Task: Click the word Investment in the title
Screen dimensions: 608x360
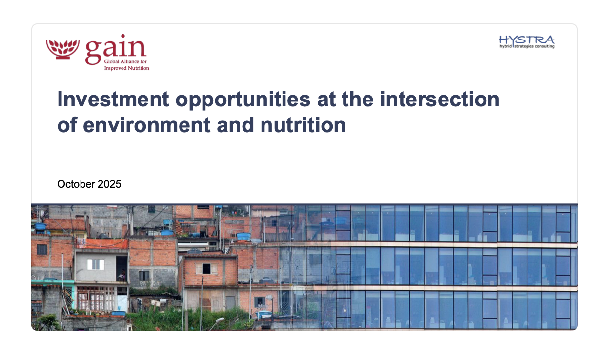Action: point(113,100)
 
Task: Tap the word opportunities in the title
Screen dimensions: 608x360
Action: point(243,100)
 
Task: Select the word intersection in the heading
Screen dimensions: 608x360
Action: point(440,100)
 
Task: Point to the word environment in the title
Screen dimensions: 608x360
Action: point(146,125)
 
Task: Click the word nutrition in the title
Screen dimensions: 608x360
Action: point(303,125)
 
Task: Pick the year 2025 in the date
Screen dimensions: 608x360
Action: point(109,184)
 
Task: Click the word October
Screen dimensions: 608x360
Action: point(76,184)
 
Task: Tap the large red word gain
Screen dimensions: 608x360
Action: point(116,50)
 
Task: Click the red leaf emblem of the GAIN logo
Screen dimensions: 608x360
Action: point(62,49)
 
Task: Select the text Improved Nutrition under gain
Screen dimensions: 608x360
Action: point(127,68)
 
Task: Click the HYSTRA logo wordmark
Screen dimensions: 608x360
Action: point(527,40)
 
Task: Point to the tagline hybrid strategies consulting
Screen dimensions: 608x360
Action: point(527,46)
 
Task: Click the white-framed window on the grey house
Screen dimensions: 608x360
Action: point(96,264)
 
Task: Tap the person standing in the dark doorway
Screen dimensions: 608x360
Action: point(122,275)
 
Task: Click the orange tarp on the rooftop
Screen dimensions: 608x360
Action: point(102,243)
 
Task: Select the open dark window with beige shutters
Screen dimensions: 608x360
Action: point(206,269)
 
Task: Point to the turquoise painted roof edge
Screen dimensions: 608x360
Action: point(53,282)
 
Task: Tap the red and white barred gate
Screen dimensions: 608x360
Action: point(96,299)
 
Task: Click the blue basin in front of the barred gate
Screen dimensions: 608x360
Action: point(119,313)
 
